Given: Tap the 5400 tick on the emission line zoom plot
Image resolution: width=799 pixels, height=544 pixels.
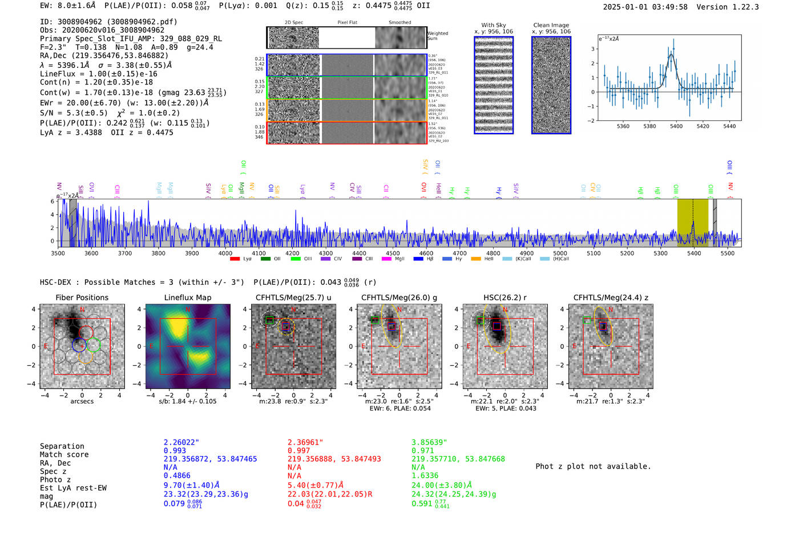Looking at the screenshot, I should (x=676, y=126).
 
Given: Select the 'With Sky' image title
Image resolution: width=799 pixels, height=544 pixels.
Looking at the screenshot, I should (x=493, y=25).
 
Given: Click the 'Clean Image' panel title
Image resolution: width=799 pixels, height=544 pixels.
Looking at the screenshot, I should (x=551, y=25).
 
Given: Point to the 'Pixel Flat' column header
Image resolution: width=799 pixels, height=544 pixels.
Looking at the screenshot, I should (x=347, y=22).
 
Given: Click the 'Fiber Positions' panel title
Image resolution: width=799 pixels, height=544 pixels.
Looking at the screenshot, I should (x=82, y=297).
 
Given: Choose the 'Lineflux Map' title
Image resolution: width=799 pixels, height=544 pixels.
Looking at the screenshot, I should (x=187, y=297).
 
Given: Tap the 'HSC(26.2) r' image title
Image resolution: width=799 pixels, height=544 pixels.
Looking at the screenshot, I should (x=505, y=297).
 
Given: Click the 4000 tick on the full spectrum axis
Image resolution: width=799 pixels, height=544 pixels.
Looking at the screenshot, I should (x=225, y=253).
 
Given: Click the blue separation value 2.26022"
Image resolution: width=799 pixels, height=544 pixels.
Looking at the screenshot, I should (x=181, y=442).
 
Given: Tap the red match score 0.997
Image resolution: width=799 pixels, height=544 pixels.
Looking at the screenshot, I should (x=300, y=450).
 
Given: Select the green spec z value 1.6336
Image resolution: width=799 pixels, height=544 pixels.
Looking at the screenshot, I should (x=425, y=476).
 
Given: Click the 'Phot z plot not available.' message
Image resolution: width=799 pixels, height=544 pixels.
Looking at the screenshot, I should (x=593, y=466).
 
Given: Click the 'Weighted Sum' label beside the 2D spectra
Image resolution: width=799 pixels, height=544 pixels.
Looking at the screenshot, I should (x=438, y=35).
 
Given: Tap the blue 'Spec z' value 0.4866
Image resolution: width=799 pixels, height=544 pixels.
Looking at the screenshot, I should (x=177, y=476).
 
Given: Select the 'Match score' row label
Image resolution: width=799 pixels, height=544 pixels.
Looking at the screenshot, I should (x=64, y=454).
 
